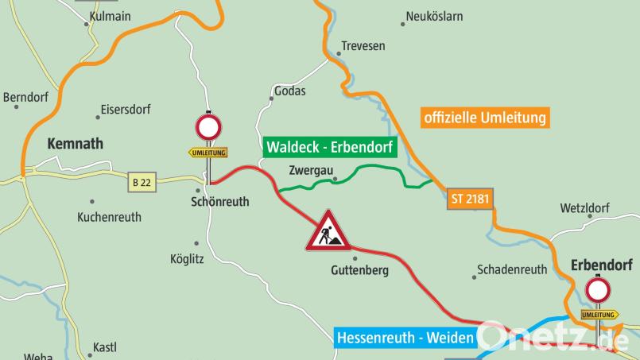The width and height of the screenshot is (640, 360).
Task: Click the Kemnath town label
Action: tap(76, 144)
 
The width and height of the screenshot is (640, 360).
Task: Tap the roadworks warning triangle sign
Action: tap(328, 230)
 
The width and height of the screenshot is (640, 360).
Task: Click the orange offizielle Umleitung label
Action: tap(485, 118)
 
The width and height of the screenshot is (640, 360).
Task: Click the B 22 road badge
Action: tap(142, 182)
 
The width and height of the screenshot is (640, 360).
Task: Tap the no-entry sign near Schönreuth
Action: tap(208, 128)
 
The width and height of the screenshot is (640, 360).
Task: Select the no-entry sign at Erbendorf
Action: tap(599, 290)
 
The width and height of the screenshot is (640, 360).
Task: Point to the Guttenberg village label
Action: tap(359, 271)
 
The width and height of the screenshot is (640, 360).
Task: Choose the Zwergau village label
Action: tap(310, 170)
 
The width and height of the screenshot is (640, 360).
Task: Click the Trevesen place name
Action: tap(363, 46)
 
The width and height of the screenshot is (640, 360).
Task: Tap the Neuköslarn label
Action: tap(434, 16)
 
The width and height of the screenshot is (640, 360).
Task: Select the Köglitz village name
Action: tap(187, 258)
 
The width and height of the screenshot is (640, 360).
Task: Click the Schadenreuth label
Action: tap(512, 269)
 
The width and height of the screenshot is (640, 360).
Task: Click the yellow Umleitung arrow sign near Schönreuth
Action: tap(208, 152)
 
